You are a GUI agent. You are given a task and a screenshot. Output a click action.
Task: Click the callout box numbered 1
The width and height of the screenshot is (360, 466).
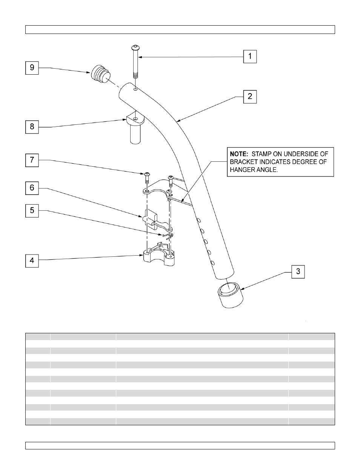(250, 57)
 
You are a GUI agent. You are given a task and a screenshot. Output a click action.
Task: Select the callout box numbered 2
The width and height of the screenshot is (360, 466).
(250, 97)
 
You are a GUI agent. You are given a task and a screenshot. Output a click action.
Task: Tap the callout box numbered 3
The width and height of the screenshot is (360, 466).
(298, 271)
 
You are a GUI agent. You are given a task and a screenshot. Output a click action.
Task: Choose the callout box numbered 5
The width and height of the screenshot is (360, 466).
(32, 210)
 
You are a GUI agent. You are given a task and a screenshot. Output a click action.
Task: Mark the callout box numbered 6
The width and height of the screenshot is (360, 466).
(32, 187)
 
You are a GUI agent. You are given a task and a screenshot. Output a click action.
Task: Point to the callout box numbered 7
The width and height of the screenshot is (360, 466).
(32, 160)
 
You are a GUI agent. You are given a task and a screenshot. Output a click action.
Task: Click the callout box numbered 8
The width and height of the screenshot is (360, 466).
(32, 126)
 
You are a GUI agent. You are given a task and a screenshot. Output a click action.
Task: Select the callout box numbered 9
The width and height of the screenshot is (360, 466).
(32, 67)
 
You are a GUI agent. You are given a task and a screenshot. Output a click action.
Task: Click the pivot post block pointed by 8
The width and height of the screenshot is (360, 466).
(135, 128)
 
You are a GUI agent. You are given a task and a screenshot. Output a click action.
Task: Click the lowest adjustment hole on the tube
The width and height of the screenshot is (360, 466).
(213, 263)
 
